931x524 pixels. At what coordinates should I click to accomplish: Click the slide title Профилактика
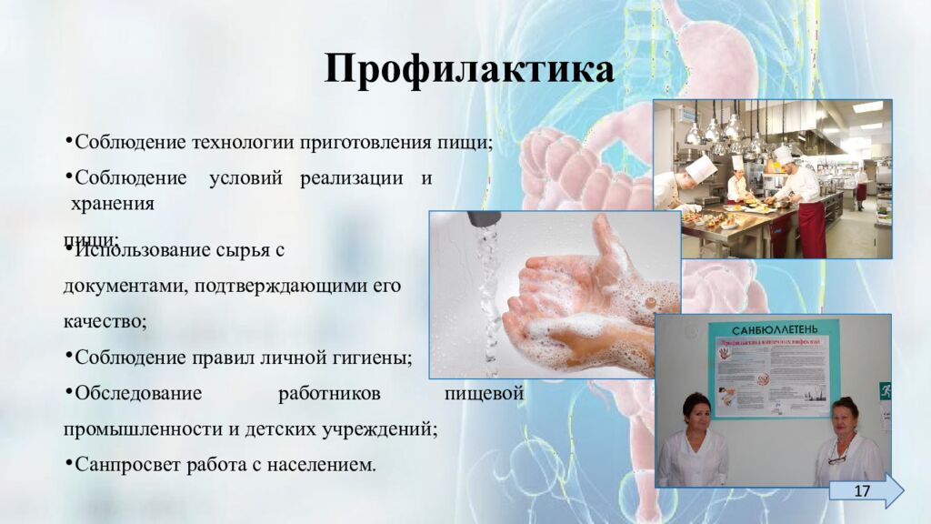pos(469,70)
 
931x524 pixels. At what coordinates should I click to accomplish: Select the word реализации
pos(351,177)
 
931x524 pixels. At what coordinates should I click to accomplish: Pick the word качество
pos(104,321)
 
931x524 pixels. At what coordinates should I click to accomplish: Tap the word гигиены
pos(373,358)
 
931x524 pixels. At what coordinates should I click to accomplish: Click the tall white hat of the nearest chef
pos(700,167)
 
